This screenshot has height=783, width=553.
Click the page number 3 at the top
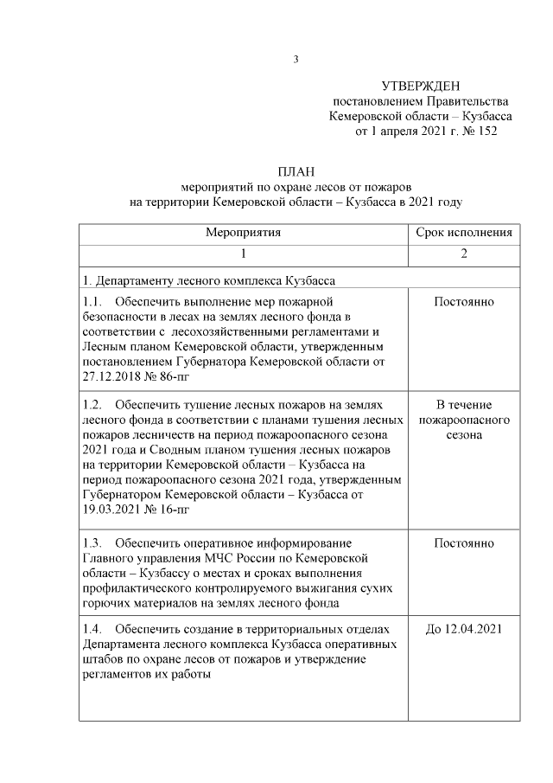coord(296,59)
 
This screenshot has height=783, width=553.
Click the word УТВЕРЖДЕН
coord(421,86)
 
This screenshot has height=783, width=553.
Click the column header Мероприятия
coord(243,233)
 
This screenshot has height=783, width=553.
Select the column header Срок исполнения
coord(464,233)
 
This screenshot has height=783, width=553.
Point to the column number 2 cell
coord(464,254)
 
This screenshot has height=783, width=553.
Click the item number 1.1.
coord(92,301)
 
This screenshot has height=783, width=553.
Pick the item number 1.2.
coord(92,404)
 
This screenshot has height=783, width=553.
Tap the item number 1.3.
coord(92,543)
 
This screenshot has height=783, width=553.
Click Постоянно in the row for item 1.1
coord(464,301)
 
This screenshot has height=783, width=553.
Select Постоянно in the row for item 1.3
coord(464,543)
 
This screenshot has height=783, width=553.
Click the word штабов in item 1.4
coord(103,659)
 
